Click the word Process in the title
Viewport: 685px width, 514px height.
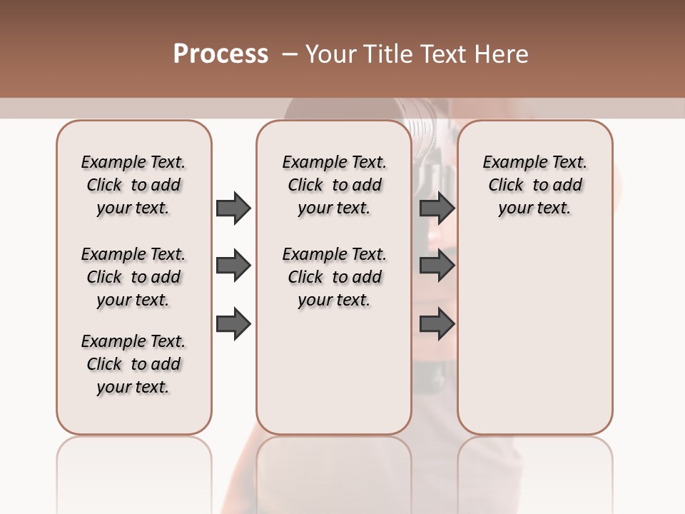[x=220, y=54]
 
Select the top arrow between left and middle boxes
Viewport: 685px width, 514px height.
[x=233, y=208]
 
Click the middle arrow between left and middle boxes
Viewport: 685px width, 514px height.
[x=233, y=266]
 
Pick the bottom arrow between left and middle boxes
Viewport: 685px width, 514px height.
[x=233, y=324]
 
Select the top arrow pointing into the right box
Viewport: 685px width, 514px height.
[x=437, y=208]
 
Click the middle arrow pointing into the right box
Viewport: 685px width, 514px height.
[x=437, y=266]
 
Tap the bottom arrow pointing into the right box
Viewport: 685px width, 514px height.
[x=437, y=324]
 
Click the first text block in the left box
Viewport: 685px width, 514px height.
[x=133, y=185]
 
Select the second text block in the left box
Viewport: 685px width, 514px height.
[x=133, y=277]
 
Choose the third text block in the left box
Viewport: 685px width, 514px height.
[x=133, y=364]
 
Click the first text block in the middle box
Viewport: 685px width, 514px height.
[x=334, y=185]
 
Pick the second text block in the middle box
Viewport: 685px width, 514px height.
[x=334, y=277]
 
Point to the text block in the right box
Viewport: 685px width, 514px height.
[x=534, y=185]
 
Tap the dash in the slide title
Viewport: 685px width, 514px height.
[x=290, y=54]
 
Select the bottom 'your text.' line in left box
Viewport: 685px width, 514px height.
[x=133, y=387]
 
